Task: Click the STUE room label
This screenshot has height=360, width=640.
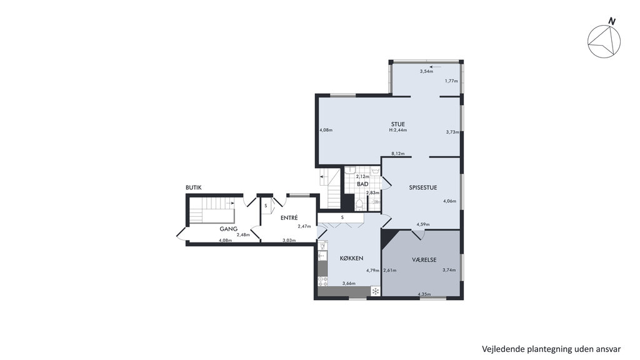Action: (x=397, y=124)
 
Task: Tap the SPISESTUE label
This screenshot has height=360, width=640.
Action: (x=423, y=187)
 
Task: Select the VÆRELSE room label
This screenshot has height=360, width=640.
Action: (x=424, y=259)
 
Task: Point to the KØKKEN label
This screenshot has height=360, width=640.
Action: (x=351, y=258)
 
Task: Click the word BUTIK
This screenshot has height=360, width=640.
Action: (x=194, y=187)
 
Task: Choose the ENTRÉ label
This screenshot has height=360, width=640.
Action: (x=289, y=218)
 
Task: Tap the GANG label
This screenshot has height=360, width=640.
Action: (x=229, y=229)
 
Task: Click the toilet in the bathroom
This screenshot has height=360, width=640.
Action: (x=359, y=205)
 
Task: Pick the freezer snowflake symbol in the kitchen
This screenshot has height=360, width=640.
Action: (x=375, y=291)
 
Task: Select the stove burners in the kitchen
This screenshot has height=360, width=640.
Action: (x=322, y=281)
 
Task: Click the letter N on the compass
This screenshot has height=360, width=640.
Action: (x=611, y=21)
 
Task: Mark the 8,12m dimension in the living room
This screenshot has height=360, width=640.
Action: (x=398, y=154)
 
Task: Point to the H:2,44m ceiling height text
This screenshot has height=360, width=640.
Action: (x=398, y=130)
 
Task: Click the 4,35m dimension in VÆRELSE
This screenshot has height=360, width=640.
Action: (x=424, y=294)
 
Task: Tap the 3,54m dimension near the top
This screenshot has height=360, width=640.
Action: (x=426, y=71)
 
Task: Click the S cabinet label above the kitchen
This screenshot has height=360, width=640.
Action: (x=342, y=217)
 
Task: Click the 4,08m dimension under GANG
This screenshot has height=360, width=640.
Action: (x=225, y=241)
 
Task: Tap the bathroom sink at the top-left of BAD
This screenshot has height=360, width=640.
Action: (x=350, y=171)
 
